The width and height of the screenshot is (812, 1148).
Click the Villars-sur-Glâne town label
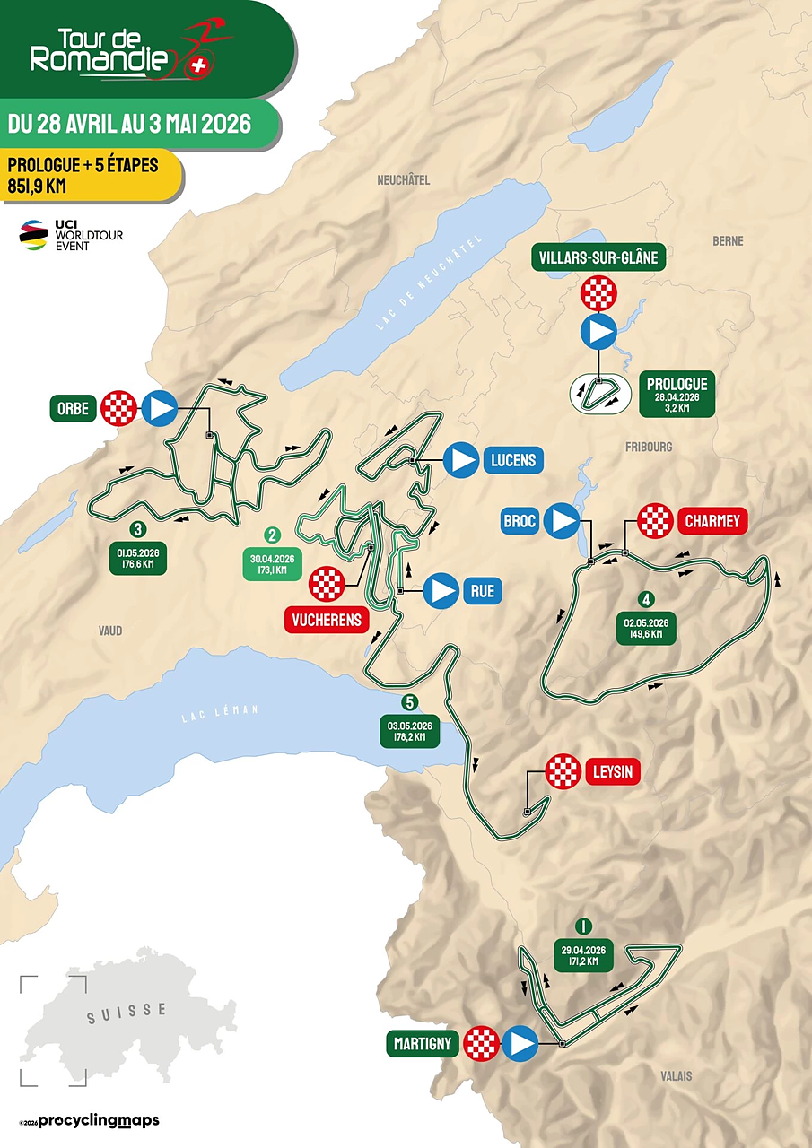598,258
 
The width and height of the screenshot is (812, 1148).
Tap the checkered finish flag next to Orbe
118,408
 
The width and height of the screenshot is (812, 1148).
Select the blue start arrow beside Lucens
464,460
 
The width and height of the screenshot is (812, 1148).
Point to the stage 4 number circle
643,598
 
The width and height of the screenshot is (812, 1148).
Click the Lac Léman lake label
220,712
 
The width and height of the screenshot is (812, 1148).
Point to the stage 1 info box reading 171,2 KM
583,955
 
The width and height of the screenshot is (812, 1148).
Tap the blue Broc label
520,519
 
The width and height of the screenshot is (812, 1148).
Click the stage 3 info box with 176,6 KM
138,558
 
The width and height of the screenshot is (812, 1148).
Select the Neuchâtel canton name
403,180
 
